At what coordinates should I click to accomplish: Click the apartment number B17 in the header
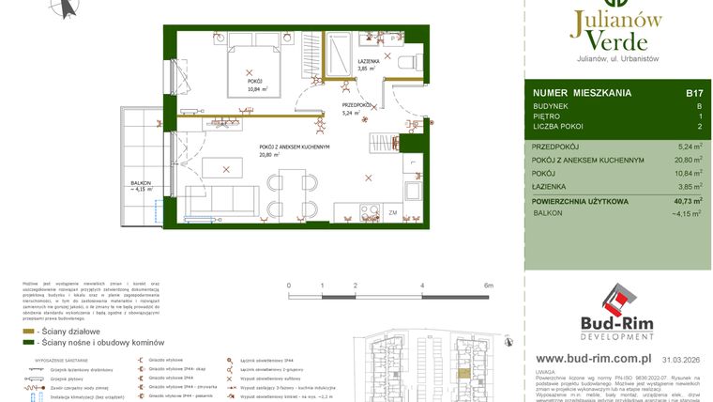coord(694,93)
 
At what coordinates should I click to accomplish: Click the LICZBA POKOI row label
coord(559,126)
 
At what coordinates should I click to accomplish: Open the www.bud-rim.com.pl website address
coord(593,359)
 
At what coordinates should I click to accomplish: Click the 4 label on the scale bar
coord(422,285)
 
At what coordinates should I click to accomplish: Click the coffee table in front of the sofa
coord(223,169)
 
